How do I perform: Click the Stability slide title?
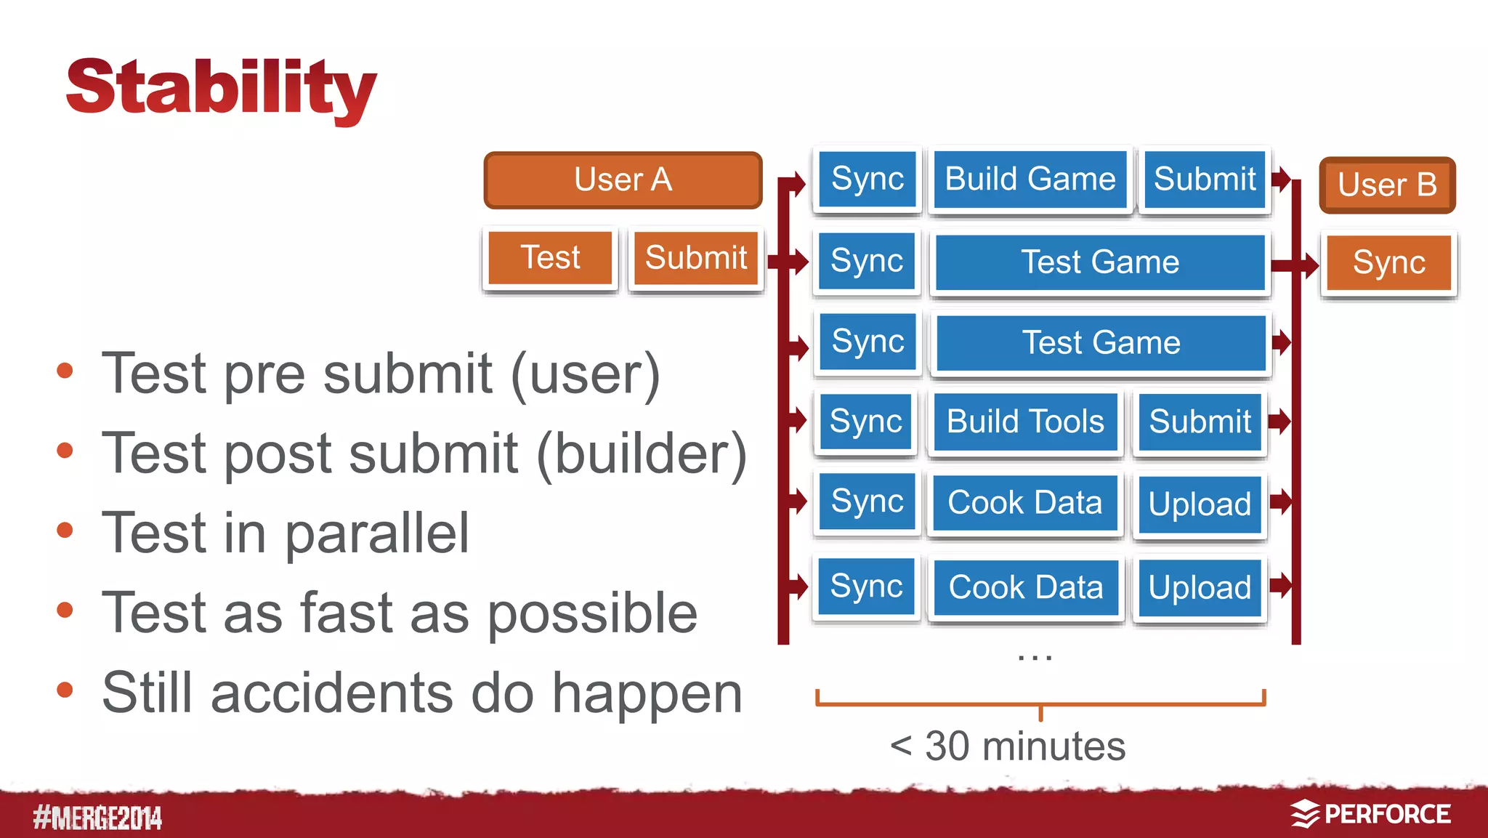pyautogui.click(x=221, y=89)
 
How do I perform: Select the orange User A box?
pyautogui.click(x=623, y=180)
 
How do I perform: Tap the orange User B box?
pyautogui.click(x=1387, y=185)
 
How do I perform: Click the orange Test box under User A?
pyautogui.click(x=550, y=258)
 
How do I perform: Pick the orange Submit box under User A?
pyautogui.click(x=696, y=258)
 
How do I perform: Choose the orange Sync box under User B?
pyautogui.click(x=1388, y=263)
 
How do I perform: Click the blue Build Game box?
pyautogui.click(x=1030, y=179)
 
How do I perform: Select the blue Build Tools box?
pyautogui.click(x=1025, y=422)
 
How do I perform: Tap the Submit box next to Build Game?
pyautogui.click(x=1205, y=179)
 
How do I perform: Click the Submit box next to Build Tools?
pyautogui.click(x=1200, y=422)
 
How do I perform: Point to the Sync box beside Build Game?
pyautogui.click(x=868, y=179)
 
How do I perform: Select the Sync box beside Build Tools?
pyautogui.click(x=866, y=422)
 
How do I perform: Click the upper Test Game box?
pyautogui.click(x=1100, y=262)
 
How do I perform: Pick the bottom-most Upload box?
pyautogui.click(x=1200, y=587)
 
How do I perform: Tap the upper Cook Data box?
pyautogui.click(x=1024, y=503)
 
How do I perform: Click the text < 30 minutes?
pyautogui.click(x=1008, y=746)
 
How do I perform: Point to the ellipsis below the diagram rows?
pyautogui.click(x=1035, y=657)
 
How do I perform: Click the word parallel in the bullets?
pyautogui.click(x=377, y=533)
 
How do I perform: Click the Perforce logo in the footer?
pyautogui.click(x=1370, y=815)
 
